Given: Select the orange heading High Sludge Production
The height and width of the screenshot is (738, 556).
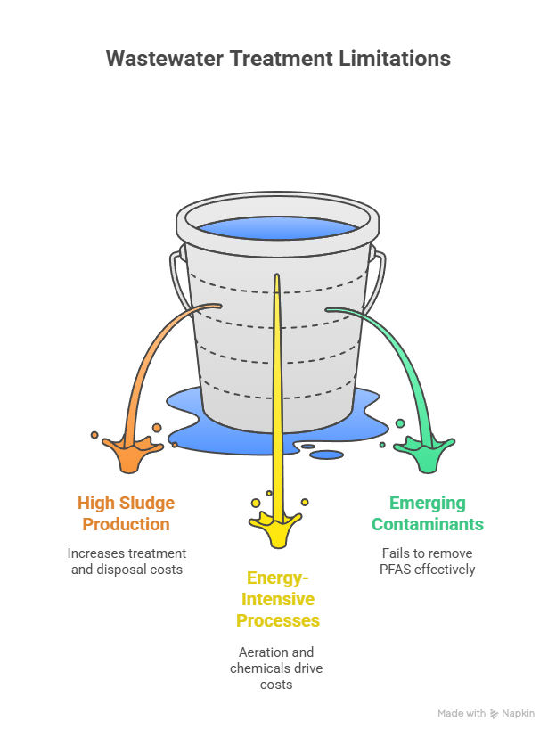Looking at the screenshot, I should click(126, 513).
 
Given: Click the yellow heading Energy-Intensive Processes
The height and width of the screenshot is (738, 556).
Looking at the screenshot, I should click(278, 599).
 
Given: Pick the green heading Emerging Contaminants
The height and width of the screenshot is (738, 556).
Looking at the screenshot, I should click(428, 513).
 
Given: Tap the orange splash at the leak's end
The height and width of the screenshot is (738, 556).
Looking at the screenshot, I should click(128, 452).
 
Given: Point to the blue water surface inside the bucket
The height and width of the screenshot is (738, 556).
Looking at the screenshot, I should click(278, 228).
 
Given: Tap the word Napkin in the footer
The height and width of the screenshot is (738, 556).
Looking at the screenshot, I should click(518, 714).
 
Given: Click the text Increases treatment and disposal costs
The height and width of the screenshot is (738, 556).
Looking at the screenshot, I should click(127, 561).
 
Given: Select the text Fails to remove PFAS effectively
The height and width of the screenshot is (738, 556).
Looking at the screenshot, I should click(428, 561).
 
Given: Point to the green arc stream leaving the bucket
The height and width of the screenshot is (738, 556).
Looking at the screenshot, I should click(392, 339).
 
